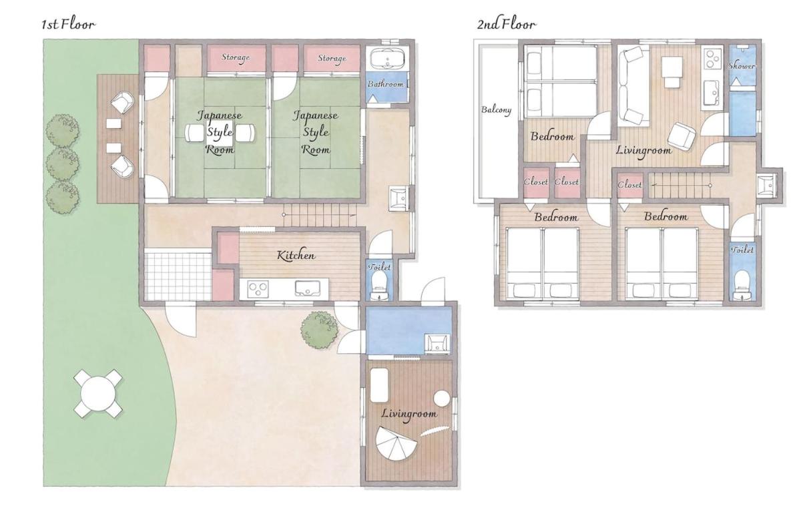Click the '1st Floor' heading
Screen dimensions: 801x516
point(68,24)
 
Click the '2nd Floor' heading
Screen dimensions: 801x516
point(506,24)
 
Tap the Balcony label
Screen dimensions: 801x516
point(496,109)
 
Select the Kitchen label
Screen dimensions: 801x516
point(296,255)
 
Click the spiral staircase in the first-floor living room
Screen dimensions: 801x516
point(396,443)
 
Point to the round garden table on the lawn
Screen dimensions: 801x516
point(98,393)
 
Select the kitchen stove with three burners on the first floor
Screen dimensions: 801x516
point(258,289)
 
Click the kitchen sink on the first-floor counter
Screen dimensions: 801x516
point(308,288)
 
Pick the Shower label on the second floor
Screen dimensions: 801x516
point(742,66)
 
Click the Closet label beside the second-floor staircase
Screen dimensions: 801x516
point(629,185)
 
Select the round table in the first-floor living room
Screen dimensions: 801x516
point(442,399)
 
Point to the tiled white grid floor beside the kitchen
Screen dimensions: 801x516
point(178,277)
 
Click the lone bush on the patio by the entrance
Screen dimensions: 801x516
point(319,330)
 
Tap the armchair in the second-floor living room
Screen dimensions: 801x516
point(682,136)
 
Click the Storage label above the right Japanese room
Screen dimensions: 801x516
point(332,58)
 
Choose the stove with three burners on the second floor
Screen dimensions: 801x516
point(712,59)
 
